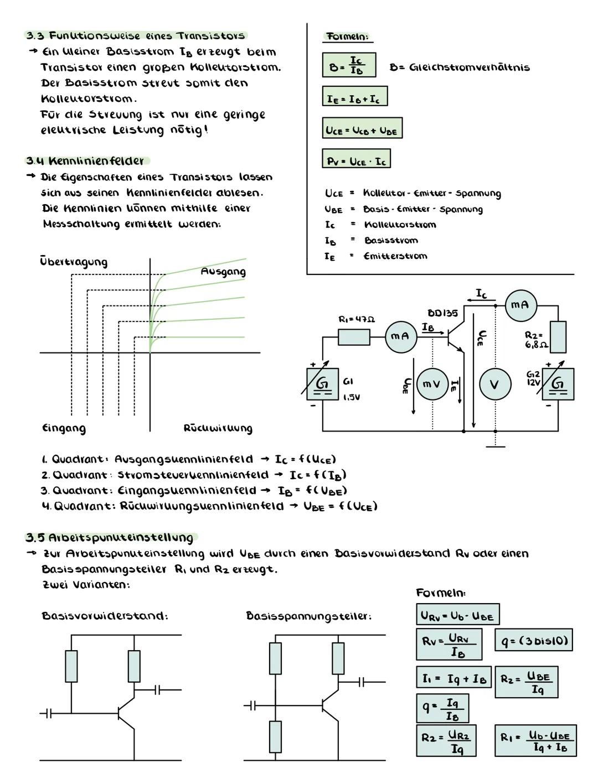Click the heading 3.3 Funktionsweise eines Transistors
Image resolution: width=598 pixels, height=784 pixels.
pyautogui.click(x=136, y=36)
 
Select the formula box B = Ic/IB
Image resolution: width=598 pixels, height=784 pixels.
pyautogui.click(x=349, y=65)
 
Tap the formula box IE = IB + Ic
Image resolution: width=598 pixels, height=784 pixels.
pyautogui.click(x=355, y=96)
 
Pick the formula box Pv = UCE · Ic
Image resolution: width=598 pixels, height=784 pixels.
pyautogui.click(x=356, y=159)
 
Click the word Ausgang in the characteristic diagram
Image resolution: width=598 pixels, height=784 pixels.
pyautogui.click(x=223, y=272)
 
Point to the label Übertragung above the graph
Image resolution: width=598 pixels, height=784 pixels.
pyautogui.click(x=74, y=261)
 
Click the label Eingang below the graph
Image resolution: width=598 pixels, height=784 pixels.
pyautogui.click(x=64, y=428)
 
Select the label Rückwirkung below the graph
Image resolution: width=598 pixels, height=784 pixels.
pyautogui.click(x=218, y=428)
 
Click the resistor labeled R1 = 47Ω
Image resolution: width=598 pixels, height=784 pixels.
pyautogui.click(x=354, y=337)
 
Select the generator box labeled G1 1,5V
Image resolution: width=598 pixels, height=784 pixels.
pyautogui.click(x=322, y=384)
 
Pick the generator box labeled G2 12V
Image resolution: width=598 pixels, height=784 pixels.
pyautogui.click(x=558, y=383)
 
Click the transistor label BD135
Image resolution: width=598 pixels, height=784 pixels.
pyautogui.click(x=442, y=314)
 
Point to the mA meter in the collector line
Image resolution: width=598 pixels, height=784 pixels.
pyautogui.click(x=520, y=305)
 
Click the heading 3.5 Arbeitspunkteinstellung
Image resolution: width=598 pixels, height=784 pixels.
pyautogui.click(x=111, y=538)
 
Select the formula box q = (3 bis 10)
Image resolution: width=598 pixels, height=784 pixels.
pyautogui.click(x=533, y=641)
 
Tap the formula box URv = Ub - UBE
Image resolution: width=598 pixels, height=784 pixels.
pyautogui.click(x=458, y=615)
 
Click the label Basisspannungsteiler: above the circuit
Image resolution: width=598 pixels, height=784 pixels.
pyautogui.click(x=308, y=616)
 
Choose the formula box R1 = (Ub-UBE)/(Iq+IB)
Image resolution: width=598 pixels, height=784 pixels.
pyautogui.click(x=535, y=741)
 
